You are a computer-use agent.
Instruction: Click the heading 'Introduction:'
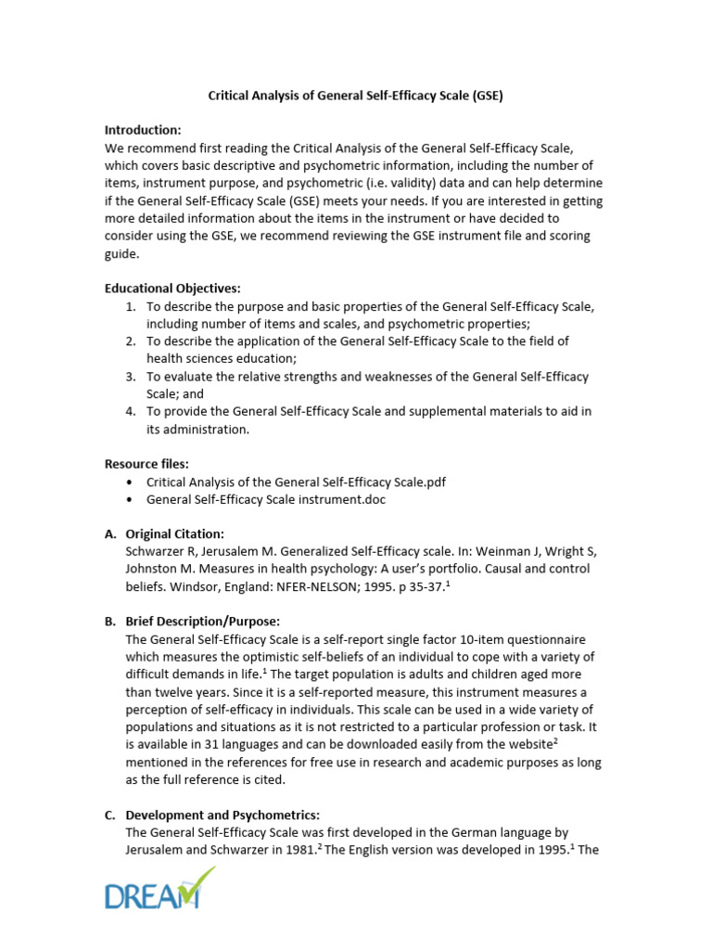click(x=143, y=129)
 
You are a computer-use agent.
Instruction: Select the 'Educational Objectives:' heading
click(x=172, y=289)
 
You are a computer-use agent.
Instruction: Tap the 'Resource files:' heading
click(x=146, y=463)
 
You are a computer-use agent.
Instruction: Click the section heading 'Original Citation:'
click(x=175, y=533)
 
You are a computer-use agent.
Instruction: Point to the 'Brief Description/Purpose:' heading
click(x=203, y=621)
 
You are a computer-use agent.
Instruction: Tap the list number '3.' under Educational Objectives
click(x=131, y=377)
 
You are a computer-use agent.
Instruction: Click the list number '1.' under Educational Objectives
click(x=131, y=306)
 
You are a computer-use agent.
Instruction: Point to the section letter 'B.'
click(x=110, y=621)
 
